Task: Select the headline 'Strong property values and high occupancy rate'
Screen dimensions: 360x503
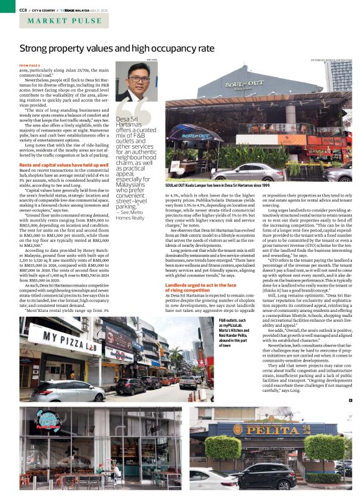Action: pyautogui.click(x=117, y=48)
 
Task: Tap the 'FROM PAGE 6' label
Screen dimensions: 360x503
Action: pyautogui.click(x=30, y=65)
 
